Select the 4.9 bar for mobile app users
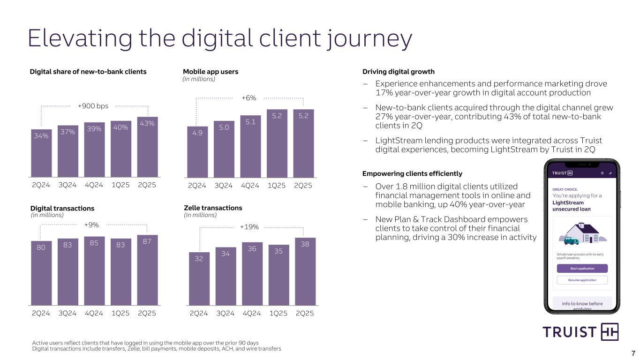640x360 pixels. [197, 152]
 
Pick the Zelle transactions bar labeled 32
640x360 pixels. [199, 279]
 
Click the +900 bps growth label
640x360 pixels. [93, 106]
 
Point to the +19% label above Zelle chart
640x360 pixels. [249, 227]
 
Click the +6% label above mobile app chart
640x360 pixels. [248, 98]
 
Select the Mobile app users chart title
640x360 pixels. [211, 72]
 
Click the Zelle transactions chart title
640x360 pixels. [212, 208]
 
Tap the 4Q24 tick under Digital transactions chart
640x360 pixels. [94, 314]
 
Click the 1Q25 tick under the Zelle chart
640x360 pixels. [279, 314]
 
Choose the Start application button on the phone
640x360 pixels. [582, 269]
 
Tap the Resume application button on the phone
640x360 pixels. [582, 280]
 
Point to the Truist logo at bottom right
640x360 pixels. [580, 332]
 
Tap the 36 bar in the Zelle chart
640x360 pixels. [252, 274]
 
